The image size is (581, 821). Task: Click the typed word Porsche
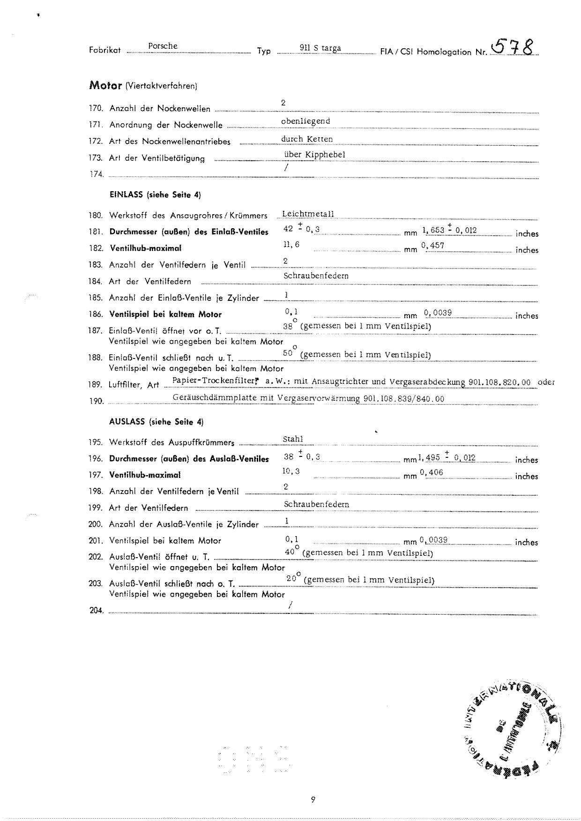(x=163, y=46)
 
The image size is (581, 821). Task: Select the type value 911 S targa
(x=320, y=48)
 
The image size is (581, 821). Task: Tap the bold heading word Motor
(x=105, y=85)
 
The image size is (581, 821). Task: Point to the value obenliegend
(x=305, y=121)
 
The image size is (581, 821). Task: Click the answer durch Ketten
(x=307, y=139)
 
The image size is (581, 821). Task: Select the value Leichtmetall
(x=308, y=214)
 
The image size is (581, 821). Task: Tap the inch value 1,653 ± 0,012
(x=450, y=230)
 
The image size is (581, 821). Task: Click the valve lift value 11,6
(x=291, y=245)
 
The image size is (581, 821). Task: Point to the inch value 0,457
(x=433, y=245)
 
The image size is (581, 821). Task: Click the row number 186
(x=96, y=314)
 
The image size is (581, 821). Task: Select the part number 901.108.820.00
(x=499, y=382)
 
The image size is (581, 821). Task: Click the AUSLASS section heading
(x=156, y=421)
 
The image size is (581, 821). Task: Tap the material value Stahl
(x=293, y=439)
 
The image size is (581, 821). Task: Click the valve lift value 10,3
(x=291, y=471)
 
